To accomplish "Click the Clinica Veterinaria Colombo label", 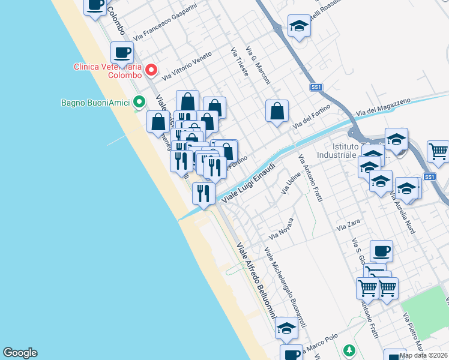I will [x=107, y=71].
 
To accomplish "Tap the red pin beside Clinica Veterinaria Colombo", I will [x=152, y=71].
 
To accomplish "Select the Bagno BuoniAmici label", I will [x=95, y=103].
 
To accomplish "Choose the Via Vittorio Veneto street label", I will [x=187, y=65].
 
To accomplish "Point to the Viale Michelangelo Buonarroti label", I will [x=286, y=287].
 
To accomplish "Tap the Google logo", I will [x=20, y=353].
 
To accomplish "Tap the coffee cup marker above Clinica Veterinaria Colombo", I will [x=122, y=53].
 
